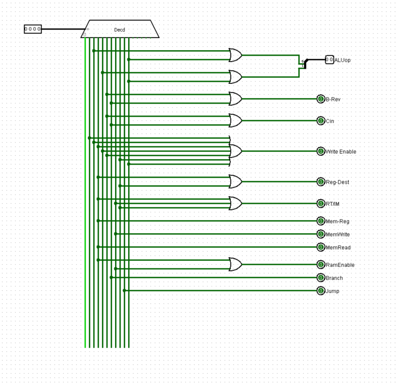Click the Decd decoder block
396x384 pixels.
pos(120,29)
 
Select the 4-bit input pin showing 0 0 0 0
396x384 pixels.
pos(33,29)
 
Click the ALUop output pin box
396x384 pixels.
pos(329,60)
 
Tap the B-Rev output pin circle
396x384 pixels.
pos(321,99)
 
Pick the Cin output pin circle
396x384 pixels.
pos(321,121)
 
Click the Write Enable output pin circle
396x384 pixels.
pos(321,151)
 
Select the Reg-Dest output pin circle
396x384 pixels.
pos(321,182)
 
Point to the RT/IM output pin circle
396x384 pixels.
pos(321,204)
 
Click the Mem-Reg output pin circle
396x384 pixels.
pos(321,221)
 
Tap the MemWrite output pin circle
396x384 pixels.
pos(321,234)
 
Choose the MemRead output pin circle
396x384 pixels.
pos(321,247)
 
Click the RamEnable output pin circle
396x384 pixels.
pos(321,265)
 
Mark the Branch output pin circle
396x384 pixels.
pos(321,278)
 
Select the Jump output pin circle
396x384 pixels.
pos(321,291)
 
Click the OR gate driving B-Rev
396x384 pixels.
pos(236,99)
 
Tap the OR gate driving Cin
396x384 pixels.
pos(236,121)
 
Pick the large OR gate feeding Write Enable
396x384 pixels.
pos(236,151)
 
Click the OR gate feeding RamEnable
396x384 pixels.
pos(236,265)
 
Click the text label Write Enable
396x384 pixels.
pos(341,152)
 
